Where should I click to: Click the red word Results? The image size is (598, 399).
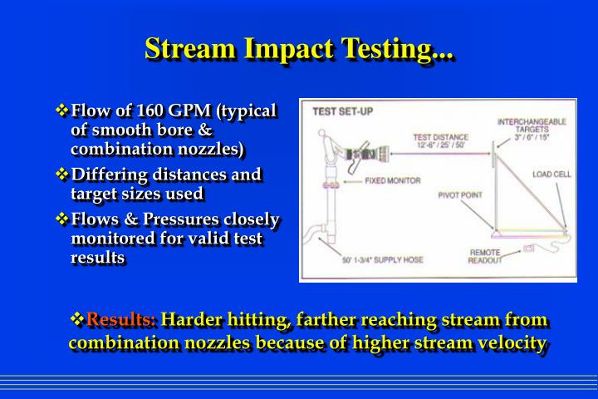click(121, 320)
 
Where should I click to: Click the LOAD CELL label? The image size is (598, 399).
click(549, 175)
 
